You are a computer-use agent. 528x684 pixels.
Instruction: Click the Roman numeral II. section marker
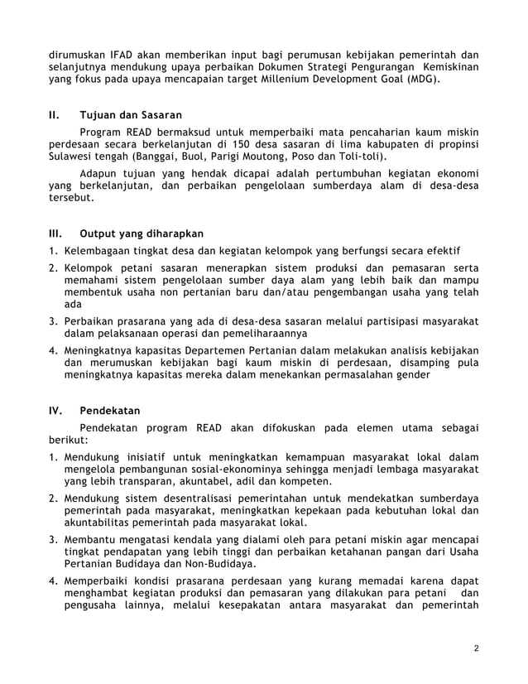coord(54,114)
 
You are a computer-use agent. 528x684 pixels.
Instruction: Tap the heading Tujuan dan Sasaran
coord(131,114)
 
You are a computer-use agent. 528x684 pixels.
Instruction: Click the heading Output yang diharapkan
coord(141,233)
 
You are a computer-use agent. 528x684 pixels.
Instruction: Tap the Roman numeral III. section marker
coord(55,233)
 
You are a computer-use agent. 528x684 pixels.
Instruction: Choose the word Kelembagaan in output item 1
coord(99,251)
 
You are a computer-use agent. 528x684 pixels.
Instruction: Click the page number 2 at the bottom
coord(476,648)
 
